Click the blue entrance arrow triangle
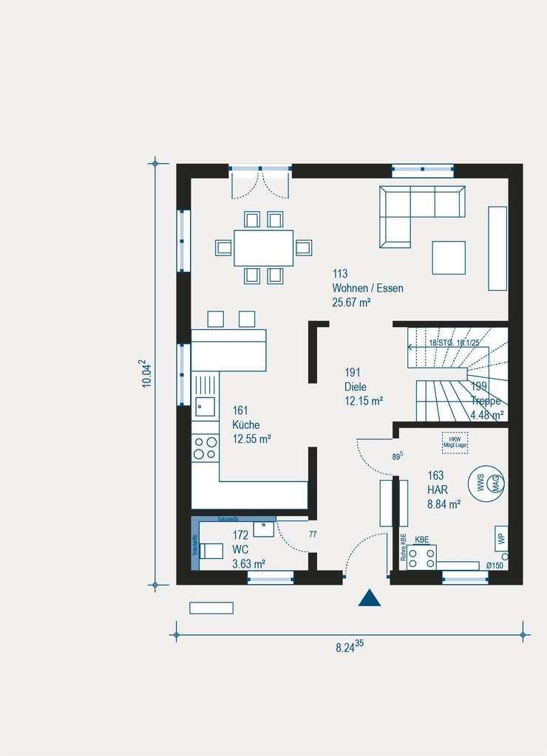(x=370, y=599)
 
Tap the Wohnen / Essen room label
(x=367, y=288)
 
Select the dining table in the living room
(x=264, y=247)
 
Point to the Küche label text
(x=246, y=425)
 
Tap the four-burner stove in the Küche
(x=205, y=447)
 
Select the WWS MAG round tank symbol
(x=486, y=484)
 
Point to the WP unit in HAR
(x=502, y=537)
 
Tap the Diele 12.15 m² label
(x=363, y=387)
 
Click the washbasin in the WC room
(x=263, y=529)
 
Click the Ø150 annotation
(x=495, y=566)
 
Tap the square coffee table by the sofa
(x=449, y=258)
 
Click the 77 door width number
(x=313, y=535)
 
